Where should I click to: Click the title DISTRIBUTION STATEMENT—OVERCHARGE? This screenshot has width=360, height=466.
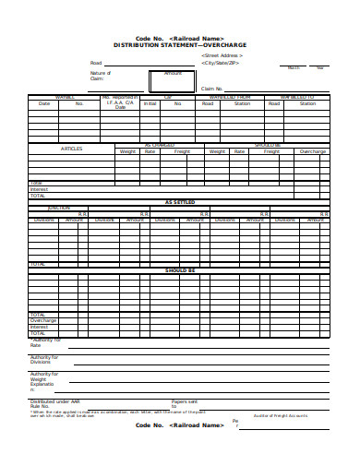[x=181, y=44]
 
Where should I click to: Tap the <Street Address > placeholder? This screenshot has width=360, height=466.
[x=222, y=55]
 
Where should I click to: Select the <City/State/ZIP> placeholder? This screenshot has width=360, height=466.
[x=222, y=63]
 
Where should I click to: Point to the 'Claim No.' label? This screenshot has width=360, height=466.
[x=213, y=89]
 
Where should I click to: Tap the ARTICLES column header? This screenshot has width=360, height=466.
[x=72, y=149]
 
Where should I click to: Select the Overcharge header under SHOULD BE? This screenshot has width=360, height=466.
[x=312, y=150]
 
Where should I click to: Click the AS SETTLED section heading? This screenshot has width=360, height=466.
[x=181, y=202]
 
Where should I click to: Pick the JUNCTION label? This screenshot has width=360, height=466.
[x=58, y=208]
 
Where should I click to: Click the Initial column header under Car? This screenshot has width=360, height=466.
[x=150, y=103]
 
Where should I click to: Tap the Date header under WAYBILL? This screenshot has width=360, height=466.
[x=43, y=103]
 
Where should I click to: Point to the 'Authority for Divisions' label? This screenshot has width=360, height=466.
[x=44, y=358]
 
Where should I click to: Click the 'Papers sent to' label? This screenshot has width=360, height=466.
[x=184, y=403]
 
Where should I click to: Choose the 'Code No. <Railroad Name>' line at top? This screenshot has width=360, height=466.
[x=181, y=38]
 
